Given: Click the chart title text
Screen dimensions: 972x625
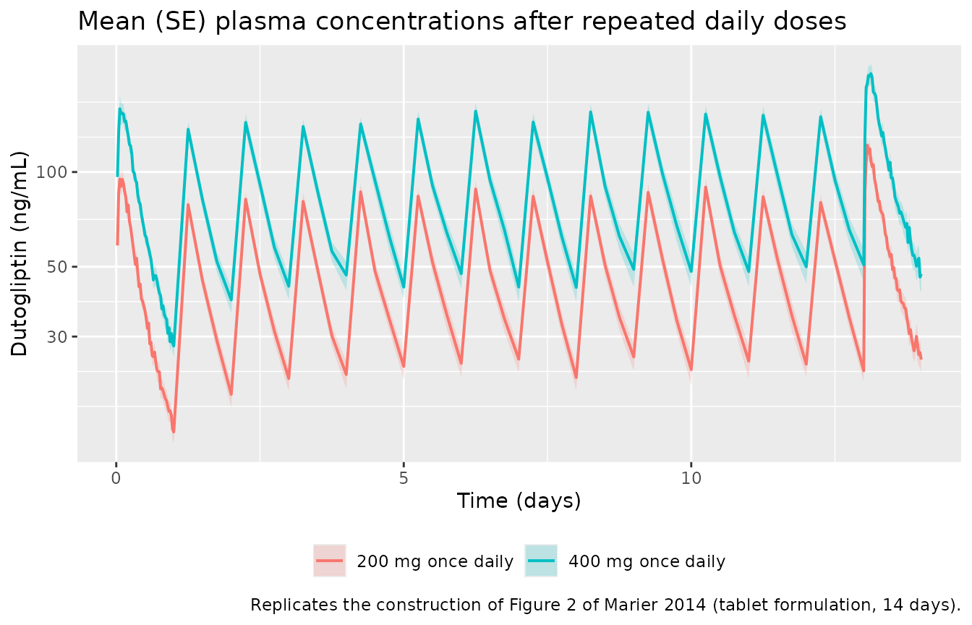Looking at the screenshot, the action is (x=462, y=21).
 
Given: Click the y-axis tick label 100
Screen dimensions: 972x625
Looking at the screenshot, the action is (x=51, y=172).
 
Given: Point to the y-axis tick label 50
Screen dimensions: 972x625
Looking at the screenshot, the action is (x=56, y=266).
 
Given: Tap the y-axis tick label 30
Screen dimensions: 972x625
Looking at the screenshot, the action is (x=56, y=336).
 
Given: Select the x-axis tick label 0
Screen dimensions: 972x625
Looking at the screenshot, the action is (x=116, y=478).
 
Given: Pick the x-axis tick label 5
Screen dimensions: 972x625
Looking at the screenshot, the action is (x=404, y=478).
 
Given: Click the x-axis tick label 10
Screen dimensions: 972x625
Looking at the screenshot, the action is (x=691, y=478).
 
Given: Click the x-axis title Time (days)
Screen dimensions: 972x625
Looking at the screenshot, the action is (x=519, y=501).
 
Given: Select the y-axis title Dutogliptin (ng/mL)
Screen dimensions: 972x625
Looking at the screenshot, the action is (x=19, y=253).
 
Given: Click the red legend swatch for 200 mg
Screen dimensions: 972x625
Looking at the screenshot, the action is (x=329, y=561).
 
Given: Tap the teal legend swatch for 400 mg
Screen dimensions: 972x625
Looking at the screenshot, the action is (x=541, y=561).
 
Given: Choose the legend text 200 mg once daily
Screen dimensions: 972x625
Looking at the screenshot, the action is (x=435, y=561).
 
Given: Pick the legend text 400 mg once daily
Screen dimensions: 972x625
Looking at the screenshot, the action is (x=647, y=561).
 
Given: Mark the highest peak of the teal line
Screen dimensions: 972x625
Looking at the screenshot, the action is (x=871, y=75).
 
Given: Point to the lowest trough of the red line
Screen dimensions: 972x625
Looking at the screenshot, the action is (x=174, y=431).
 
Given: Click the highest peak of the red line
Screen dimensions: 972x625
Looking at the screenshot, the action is (x=867, y=145).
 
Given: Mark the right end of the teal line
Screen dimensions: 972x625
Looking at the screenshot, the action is (x=921, y=276).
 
